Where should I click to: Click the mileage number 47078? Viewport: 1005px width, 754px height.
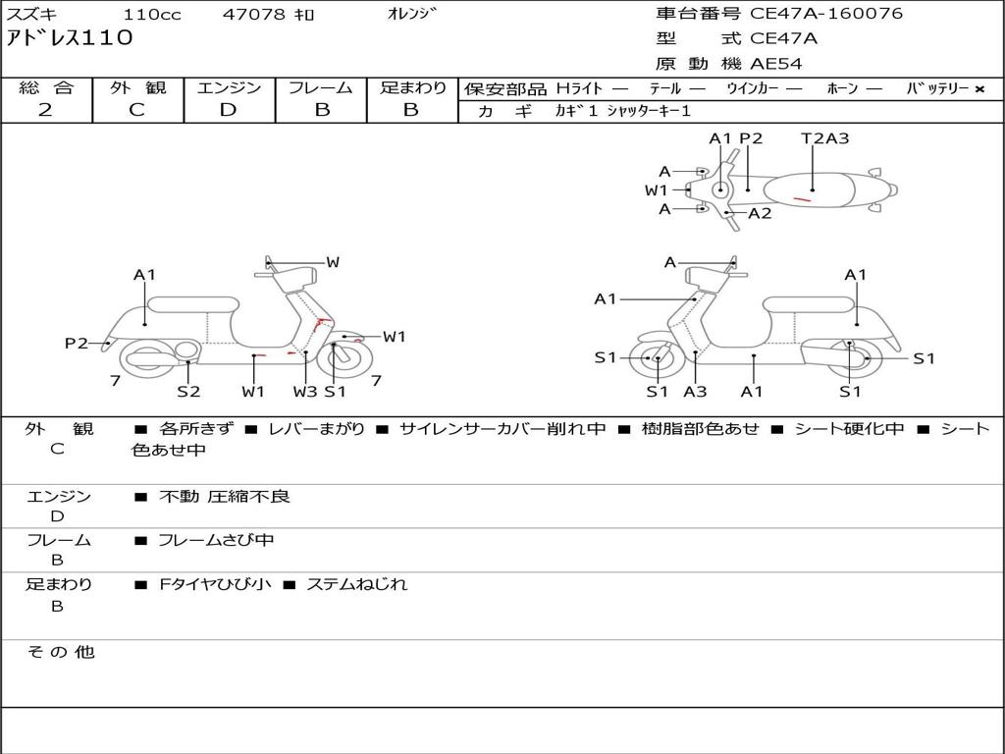[253, 15]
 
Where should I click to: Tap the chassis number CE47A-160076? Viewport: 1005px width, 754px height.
[826, 14]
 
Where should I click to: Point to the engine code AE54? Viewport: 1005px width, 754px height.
[776, 64]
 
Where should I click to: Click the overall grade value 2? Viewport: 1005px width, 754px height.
[45, 110]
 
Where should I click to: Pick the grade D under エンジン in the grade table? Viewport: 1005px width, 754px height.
[229, 110]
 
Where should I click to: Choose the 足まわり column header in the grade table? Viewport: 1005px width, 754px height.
[412, 87]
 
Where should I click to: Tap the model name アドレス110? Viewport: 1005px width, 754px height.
[70, 39]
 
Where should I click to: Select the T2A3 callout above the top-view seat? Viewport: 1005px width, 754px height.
[824, 138]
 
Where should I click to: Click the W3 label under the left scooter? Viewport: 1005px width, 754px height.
[305, 392]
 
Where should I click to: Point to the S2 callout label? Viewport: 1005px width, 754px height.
[188, 392]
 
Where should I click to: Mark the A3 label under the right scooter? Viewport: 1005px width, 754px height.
[695, 392]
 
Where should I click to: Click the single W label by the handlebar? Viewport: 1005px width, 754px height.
[333, 262]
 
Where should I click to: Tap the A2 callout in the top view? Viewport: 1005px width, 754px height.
[760, 213]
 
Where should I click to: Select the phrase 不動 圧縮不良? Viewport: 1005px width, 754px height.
[225, 497]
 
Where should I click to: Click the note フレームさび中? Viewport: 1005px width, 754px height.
[216, 540]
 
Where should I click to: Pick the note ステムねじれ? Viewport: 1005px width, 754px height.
[356, 584]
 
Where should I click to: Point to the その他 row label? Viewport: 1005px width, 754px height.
[60, 652]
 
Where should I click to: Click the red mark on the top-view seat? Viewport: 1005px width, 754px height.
[802, 199]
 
